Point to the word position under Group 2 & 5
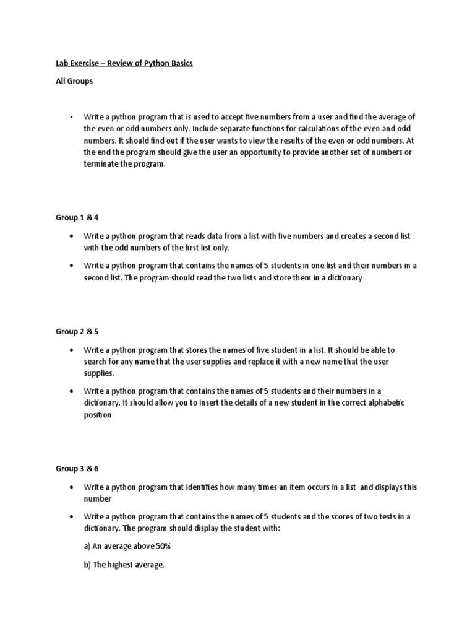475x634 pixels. click(x=98, y=415)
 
